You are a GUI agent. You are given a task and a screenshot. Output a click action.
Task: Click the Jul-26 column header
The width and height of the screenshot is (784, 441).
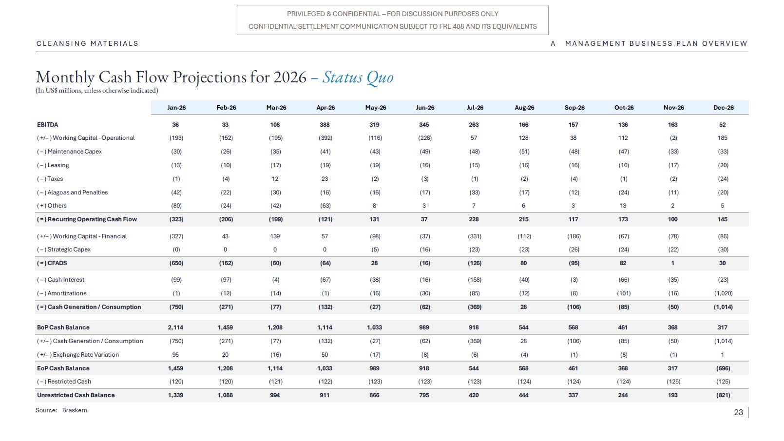[x=475, y=108]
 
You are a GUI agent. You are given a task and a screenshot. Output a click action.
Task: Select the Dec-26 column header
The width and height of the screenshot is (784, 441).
[x=723, y=108]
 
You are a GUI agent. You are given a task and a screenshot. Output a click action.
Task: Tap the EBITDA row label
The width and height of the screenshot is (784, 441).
[x=48, y=125]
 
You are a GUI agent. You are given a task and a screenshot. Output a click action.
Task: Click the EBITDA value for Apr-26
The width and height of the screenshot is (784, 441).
[x=325, y=125]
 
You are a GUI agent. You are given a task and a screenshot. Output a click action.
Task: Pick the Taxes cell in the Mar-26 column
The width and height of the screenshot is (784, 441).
[x=275, y=179]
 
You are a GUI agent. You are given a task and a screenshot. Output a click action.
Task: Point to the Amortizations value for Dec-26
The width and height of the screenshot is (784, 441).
[x=723, y=293]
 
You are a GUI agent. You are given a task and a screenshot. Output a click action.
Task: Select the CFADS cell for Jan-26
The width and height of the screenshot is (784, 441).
[x=176, y=263]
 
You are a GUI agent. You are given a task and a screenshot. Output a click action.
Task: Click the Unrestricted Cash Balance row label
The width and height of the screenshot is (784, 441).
[x=76, y=395]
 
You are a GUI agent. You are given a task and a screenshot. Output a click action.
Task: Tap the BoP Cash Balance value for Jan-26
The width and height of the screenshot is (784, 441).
[x=175, y=327]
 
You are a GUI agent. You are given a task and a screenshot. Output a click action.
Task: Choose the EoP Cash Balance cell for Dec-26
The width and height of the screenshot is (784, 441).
[x=723, y=368]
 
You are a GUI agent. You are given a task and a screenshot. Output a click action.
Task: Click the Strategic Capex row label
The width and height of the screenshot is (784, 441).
[x=64, y=249]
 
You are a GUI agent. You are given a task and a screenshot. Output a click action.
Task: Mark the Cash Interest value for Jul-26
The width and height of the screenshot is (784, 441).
[x=475, y=280]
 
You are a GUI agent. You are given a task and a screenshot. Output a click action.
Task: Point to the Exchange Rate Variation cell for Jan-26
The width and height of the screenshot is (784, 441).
[x=175, y=355]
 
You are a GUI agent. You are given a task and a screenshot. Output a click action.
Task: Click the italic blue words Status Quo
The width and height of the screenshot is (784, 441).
[x=358, y=77]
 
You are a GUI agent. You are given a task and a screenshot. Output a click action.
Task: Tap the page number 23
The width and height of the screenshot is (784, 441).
[x=739, y=412]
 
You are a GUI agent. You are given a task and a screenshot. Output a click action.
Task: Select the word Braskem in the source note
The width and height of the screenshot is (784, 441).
[x=75, y=410]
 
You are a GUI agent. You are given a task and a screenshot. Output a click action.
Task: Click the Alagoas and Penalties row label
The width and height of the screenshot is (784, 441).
[x=73, y=192]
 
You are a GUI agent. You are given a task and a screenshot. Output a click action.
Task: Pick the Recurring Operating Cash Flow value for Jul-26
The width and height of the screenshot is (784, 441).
[x=474, y=219]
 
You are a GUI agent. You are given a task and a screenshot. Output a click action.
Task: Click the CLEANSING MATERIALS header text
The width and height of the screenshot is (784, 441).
[x=88, y=43]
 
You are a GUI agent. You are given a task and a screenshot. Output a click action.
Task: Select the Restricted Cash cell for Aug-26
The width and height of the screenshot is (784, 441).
[x=524, y=382]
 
